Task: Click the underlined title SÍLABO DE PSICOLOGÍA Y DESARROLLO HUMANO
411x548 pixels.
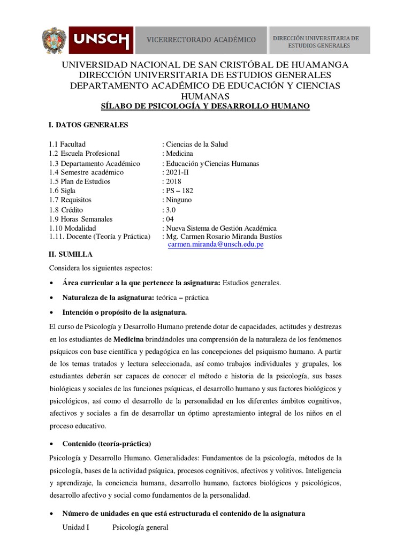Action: [x=206, y=106]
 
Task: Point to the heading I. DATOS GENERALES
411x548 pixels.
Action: [x=89, y=125]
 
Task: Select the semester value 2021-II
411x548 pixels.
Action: [x=176, y=172]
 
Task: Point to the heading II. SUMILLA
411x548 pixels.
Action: [x=71, y=255]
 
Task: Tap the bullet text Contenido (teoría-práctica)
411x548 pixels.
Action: [x=107, y=444]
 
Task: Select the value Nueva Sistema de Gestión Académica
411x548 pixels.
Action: [x=221, y=227]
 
